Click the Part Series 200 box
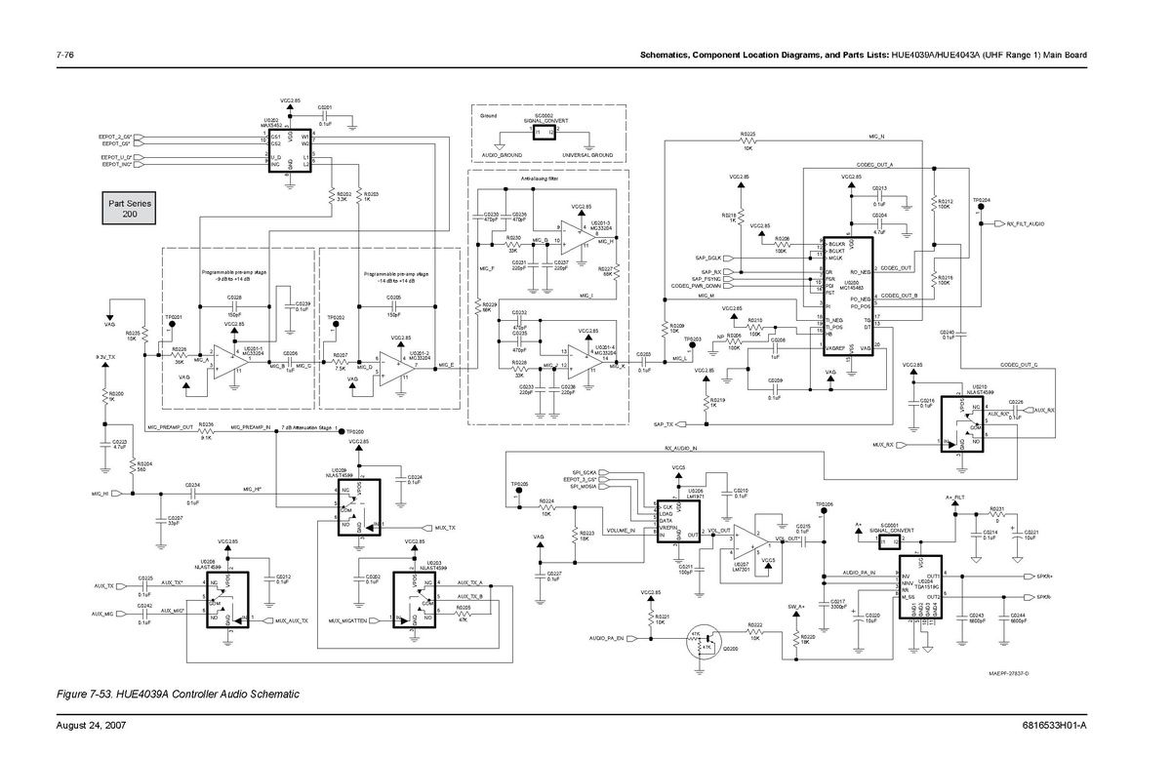(130, 209)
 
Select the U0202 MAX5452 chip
(290, 150)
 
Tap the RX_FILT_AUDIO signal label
(1025, 223)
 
